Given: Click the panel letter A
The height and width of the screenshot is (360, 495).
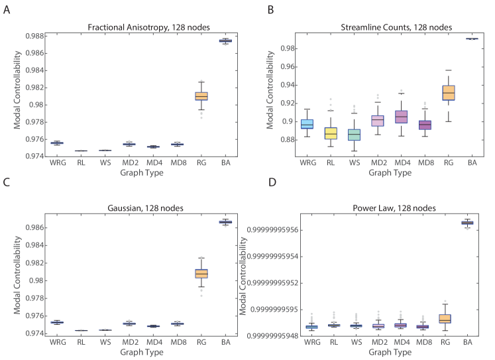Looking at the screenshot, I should (x=7, y=11).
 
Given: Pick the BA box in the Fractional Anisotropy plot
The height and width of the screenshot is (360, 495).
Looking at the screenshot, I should (x=225, y=41).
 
